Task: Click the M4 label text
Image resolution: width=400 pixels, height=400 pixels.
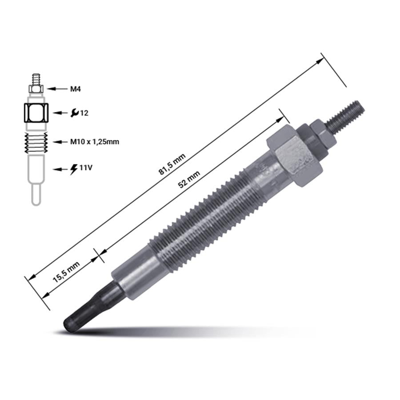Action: pyautogui.click(x=76, y=89)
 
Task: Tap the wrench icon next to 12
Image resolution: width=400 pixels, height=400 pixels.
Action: pyautogui.click(x=75, y=113)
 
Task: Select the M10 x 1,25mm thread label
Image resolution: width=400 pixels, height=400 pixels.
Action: pyautogui.click(x=95, y=142)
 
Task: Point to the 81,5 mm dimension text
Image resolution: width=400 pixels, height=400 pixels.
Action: pyautogui.click(x=172, y=164)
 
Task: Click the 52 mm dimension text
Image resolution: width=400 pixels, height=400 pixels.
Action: pyautogui.click(x=189, y=180)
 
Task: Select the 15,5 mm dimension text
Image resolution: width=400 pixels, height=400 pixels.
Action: pyautogui.click(x=66, y=272)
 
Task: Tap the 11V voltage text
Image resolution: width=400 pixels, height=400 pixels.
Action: pyautogui.click(x=86, y=168)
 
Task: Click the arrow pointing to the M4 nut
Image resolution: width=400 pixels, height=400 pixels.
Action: pyautogui.click(x=56, y=89)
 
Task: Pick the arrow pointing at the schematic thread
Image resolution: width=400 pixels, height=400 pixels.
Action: pyautogui.click(x=60, y=142)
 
